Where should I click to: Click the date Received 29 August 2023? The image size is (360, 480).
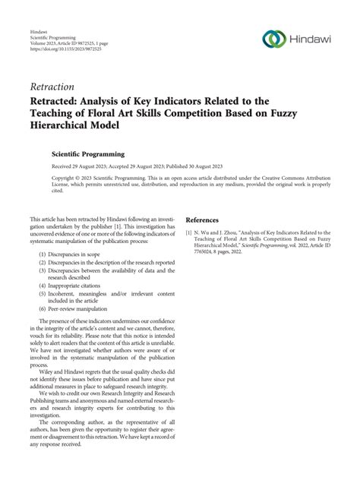84,166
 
